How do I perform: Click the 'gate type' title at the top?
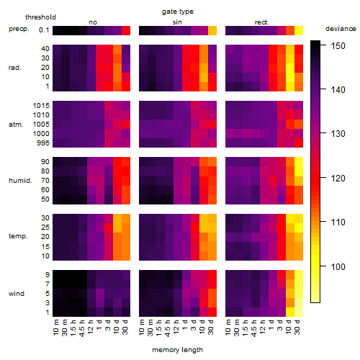[x=178, y=12]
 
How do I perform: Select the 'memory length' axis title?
[x=177, y=350]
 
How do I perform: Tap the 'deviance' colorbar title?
[x=341, y=29]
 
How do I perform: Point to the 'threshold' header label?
[x=40, y=17]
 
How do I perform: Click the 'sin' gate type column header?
[x=177, y=22]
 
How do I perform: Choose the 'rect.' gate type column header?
[x=261, y=22]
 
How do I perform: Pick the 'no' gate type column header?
[x=93, y=22]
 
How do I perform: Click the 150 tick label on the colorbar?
[x=338, y=45]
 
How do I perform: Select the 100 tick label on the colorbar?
[x=338, y=266]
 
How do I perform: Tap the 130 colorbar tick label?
[x=338, y=134]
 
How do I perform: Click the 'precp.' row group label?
[x=19, y=29]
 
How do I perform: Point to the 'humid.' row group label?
[x=20, y=181]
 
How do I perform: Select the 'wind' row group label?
[x=17, y=294]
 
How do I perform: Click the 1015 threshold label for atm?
[x=41, y=106]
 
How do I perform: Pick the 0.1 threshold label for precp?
[x=44, y=30]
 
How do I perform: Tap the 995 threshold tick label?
[x=43, y=143]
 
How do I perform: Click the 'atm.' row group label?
[x=16, y=125]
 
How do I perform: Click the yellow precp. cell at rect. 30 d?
[x=299, y=31]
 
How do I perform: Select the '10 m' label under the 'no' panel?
[x=55, y=328]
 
